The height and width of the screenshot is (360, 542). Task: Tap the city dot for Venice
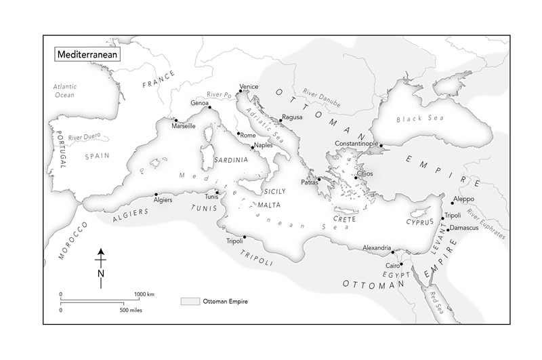tap(240, 92)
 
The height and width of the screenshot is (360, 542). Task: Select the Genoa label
tap(200, 103)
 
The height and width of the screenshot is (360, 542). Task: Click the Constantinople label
tap(356, 144)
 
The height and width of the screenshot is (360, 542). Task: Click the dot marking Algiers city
tap(157, 195)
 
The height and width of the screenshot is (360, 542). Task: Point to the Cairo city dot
tap(400, 264)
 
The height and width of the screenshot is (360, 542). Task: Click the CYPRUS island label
tap(419, 222)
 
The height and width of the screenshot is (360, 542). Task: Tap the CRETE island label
tap(344, 220)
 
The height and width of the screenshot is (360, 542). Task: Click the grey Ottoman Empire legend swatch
tap(190, 300)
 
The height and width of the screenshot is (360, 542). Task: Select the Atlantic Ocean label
tap(66, 90)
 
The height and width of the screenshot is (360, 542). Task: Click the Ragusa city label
tap(292, 117)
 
